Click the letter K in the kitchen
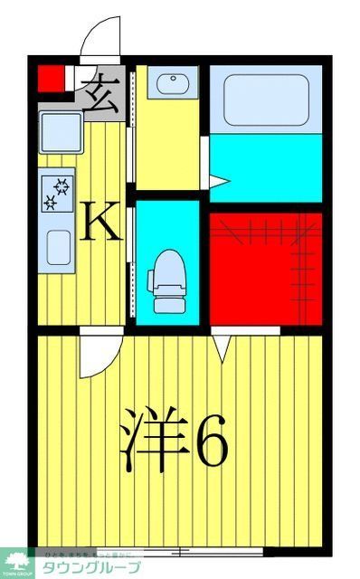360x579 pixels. pos(102,221)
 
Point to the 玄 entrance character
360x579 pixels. pos(101,90)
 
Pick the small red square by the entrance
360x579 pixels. pos(49,80)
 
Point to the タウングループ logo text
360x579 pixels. pos(99,567)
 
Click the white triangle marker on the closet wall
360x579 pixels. pos(223,345)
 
